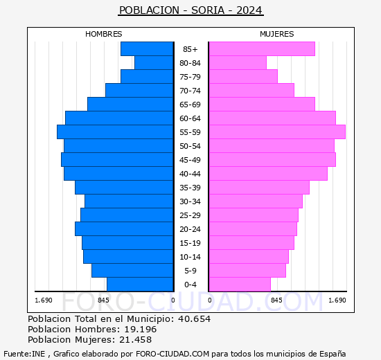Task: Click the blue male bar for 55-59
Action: tap(115, 132)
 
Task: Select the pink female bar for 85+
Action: tap(261, 48)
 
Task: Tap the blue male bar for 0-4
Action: tap(140, 284)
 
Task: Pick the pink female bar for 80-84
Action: tap(237, 62)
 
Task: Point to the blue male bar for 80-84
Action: tap(154, 62)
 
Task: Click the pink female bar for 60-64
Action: tap(272, 118)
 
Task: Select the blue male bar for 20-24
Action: tap(124, 228)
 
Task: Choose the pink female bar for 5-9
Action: tap(247, 270)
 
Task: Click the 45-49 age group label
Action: tap(190, 160)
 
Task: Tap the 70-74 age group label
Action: tap(190, 91)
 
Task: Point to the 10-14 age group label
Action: tap(190, 257)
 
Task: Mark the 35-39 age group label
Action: tap(190, 188)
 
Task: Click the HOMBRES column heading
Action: tap(104, 34)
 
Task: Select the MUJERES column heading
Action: tap(277, 34)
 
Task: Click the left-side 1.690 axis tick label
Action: tap(44, 300)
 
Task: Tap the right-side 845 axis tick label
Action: tap(276, 300)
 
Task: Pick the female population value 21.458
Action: tap(133, 339)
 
